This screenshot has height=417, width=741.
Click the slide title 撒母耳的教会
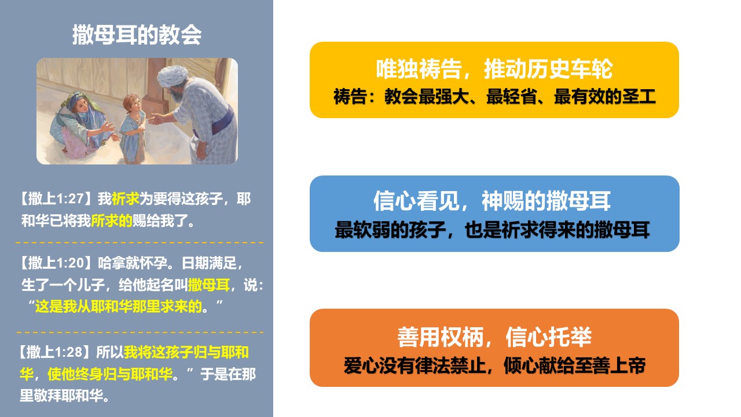pyautogui.click(x=137, y=35)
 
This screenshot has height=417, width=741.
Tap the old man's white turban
pyautogui.click(x=172, y=75)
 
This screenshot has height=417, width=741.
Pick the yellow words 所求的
pyautogui.click(x=112, y=221)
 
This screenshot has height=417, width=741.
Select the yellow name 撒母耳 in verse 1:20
pyautogui.click(x=209, y=285)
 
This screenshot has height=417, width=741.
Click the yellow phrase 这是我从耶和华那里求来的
pyautogui.click(x=119, y=306)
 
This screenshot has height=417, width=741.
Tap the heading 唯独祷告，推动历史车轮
pyautogui.click(x=494, y=69)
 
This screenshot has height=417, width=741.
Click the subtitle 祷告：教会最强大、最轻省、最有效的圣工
pyautogui.click(x=494, y=97)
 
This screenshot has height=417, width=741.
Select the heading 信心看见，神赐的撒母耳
pyautogui.click(x=492, y=201)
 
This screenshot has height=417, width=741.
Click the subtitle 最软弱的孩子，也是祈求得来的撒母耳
pyautogui.click(x=492, y=230)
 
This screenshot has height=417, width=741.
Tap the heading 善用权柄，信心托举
pyautogui.click(x=494, y=337)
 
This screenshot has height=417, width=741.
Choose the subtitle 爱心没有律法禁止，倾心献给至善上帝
pyautogui.click(x=494, y=365)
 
